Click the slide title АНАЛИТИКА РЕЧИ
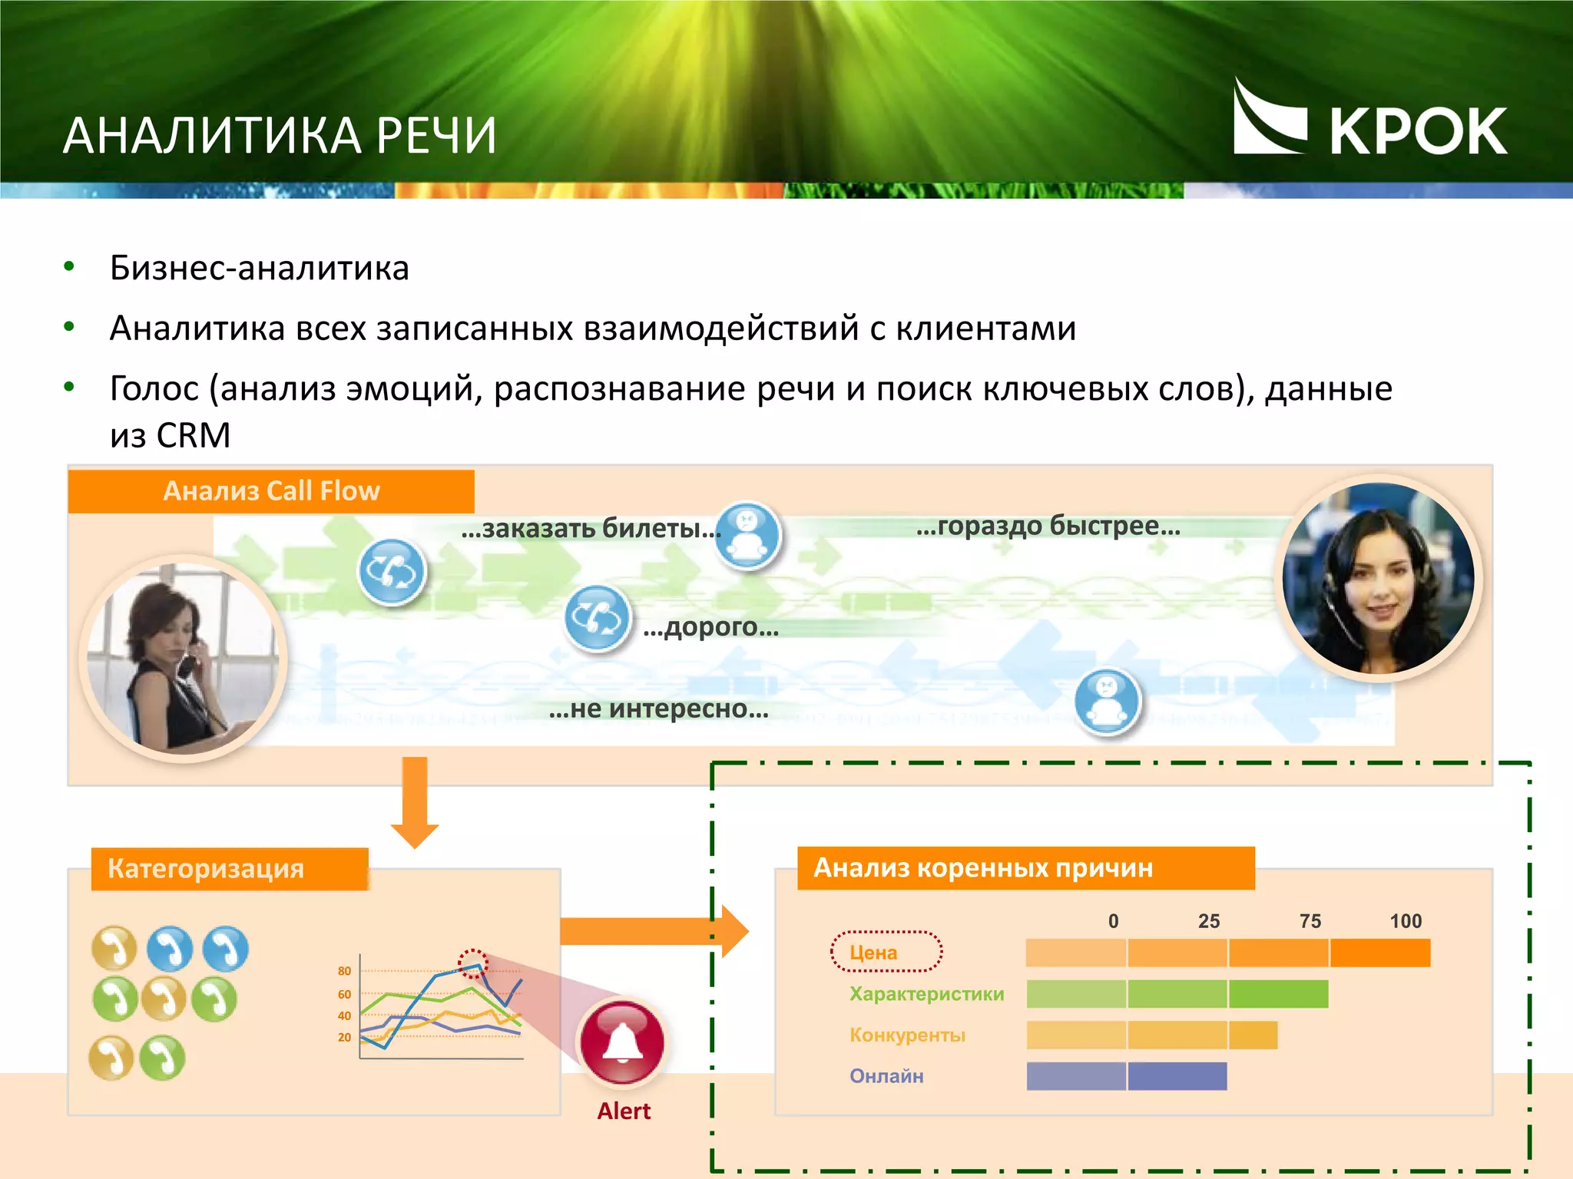[280, 136]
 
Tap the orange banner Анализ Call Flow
[271, 491]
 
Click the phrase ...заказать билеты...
[590, 528]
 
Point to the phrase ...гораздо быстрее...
[1048, 526]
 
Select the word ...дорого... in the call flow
[710, 627]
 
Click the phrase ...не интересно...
[658, 708]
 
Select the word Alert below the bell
[624, 1111]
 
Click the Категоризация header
[206, 869]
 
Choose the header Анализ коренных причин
[983, 868]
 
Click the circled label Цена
[873, 953]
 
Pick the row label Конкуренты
[907, 1035]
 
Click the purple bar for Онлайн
[1126, 1076]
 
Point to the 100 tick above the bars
[1406, 921]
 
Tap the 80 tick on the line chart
[344, 971]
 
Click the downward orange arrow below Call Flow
[415, 802]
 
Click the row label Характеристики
[926, 994]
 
